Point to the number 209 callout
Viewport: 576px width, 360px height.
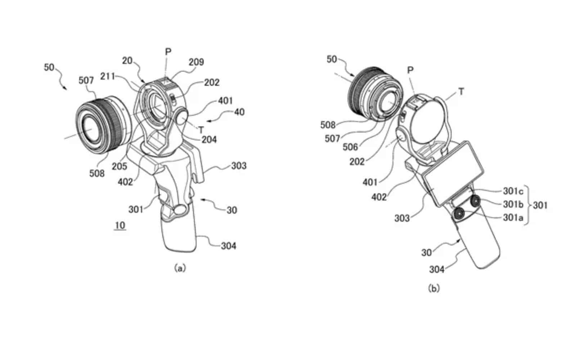[x=196, y=62]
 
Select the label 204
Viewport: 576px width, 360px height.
[x=209, y=139]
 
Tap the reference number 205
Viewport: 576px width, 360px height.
[x=119, y=166]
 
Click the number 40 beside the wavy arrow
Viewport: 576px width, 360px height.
[x=239, y=112]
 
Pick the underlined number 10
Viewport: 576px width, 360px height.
[x=120, y=225]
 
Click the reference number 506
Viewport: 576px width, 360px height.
[x=350, y=147]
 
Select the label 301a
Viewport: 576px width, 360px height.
[x=513, y=217]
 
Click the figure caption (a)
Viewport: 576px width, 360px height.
[x=180, y=268]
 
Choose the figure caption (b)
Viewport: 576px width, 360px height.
[x=434, y=288]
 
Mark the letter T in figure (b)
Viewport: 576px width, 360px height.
[x=460, y=92]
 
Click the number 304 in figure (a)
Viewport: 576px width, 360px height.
[x=229, y=246]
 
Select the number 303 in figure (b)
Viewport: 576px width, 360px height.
[x=402, y=218]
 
